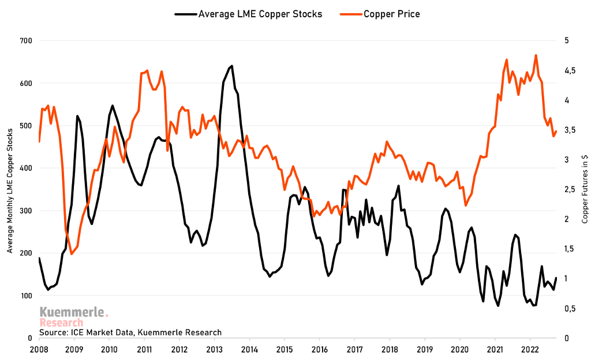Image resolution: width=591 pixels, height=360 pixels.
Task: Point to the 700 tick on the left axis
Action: coord(25,41)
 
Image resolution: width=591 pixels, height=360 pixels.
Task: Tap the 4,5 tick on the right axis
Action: coord(571,70)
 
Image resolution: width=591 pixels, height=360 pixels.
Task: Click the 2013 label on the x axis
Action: coord(215,350)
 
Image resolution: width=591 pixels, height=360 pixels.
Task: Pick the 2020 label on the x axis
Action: coord(460,350)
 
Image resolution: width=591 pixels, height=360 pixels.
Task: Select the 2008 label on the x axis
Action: coord(39,350)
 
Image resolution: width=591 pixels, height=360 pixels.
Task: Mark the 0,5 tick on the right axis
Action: coord(571,309)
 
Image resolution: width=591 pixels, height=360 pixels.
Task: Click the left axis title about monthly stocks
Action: coord(10,190)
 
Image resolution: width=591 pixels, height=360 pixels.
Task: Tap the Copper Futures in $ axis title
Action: coord(585,190)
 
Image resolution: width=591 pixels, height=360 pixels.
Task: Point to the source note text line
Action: coord(130,332)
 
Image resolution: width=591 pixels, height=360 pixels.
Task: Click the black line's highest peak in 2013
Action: coord(231,66)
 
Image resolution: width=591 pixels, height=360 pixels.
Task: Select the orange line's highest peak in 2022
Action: coord(536,55)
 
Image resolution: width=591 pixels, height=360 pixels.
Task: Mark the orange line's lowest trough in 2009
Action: coord(72,254)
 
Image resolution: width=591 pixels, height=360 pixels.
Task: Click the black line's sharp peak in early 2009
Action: coord(77,116)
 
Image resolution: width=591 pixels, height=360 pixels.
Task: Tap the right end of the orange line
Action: coord(556,131)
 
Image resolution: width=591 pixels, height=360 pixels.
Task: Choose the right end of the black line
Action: coord(556,278)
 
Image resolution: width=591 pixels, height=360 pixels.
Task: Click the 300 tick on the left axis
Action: coord(25,211)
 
